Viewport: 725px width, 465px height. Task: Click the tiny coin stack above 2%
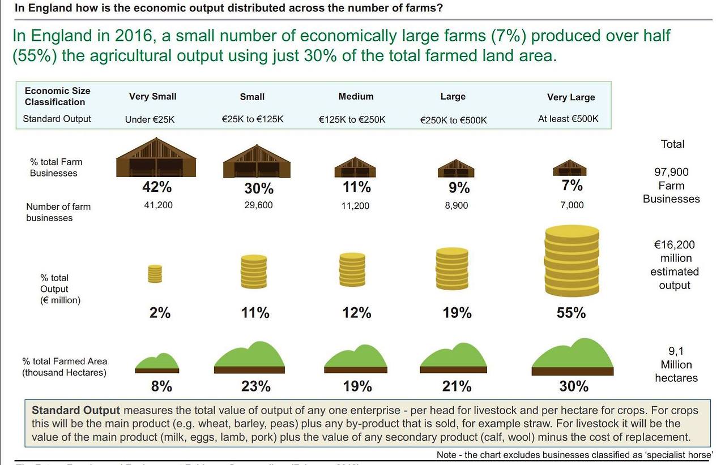point(155,274)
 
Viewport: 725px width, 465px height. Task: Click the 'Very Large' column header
point(571,97)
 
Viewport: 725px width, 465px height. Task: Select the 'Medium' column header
point(356,96)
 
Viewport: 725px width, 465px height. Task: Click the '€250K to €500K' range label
point(453,120)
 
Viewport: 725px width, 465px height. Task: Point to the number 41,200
point(159,205)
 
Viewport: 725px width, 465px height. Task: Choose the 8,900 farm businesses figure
point(457,205)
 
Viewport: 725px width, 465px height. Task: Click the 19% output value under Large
point(457,313)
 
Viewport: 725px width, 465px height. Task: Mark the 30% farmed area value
point(573,386)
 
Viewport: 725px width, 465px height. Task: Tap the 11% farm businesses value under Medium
point(357,187)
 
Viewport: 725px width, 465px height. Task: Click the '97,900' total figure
point(672,172)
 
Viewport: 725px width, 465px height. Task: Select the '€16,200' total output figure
point(674,245)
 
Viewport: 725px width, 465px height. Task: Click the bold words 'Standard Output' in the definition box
point(76,411)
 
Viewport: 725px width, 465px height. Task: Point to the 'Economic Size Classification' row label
point(57,96)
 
